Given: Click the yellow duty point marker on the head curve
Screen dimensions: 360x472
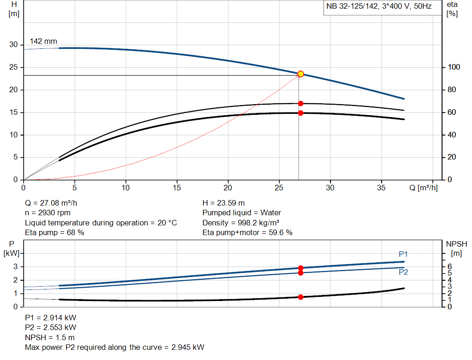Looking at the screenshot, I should pos(301,74).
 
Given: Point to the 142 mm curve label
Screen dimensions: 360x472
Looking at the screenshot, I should pos(43,41).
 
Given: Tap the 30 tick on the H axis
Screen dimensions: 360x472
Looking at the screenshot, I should pos(13,45).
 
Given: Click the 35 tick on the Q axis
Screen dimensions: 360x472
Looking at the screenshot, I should pos(381,188).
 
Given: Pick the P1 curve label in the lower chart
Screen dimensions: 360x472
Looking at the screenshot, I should pos(403,254).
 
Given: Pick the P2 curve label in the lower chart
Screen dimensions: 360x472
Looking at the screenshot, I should pos(403,272).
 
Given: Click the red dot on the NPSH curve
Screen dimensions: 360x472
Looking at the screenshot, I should pos(301,297).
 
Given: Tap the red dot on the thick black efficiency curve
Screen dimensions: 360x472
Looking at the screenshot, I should pos(301,113).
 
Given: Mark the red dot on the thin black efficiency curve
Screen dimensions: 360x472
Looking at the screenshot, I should pos(301,103).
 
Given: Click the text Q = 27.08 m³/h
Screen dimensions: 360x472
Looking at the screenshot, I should pos(54,203).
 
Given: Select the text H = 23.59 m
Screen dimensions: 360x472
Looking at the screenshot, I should pos(224,203).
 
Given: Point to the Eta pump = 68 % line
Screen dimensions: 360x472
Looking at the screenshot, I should pos(54,233).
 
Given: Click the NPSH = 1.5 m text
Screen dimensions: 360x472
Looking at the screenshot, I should pos(49,337).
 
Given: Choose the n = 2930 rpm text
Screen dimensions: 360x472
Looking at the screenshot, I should pos(47,213).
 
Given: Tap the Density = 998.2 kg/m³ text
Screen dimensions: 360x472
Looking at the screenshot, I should pos(241,223).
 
